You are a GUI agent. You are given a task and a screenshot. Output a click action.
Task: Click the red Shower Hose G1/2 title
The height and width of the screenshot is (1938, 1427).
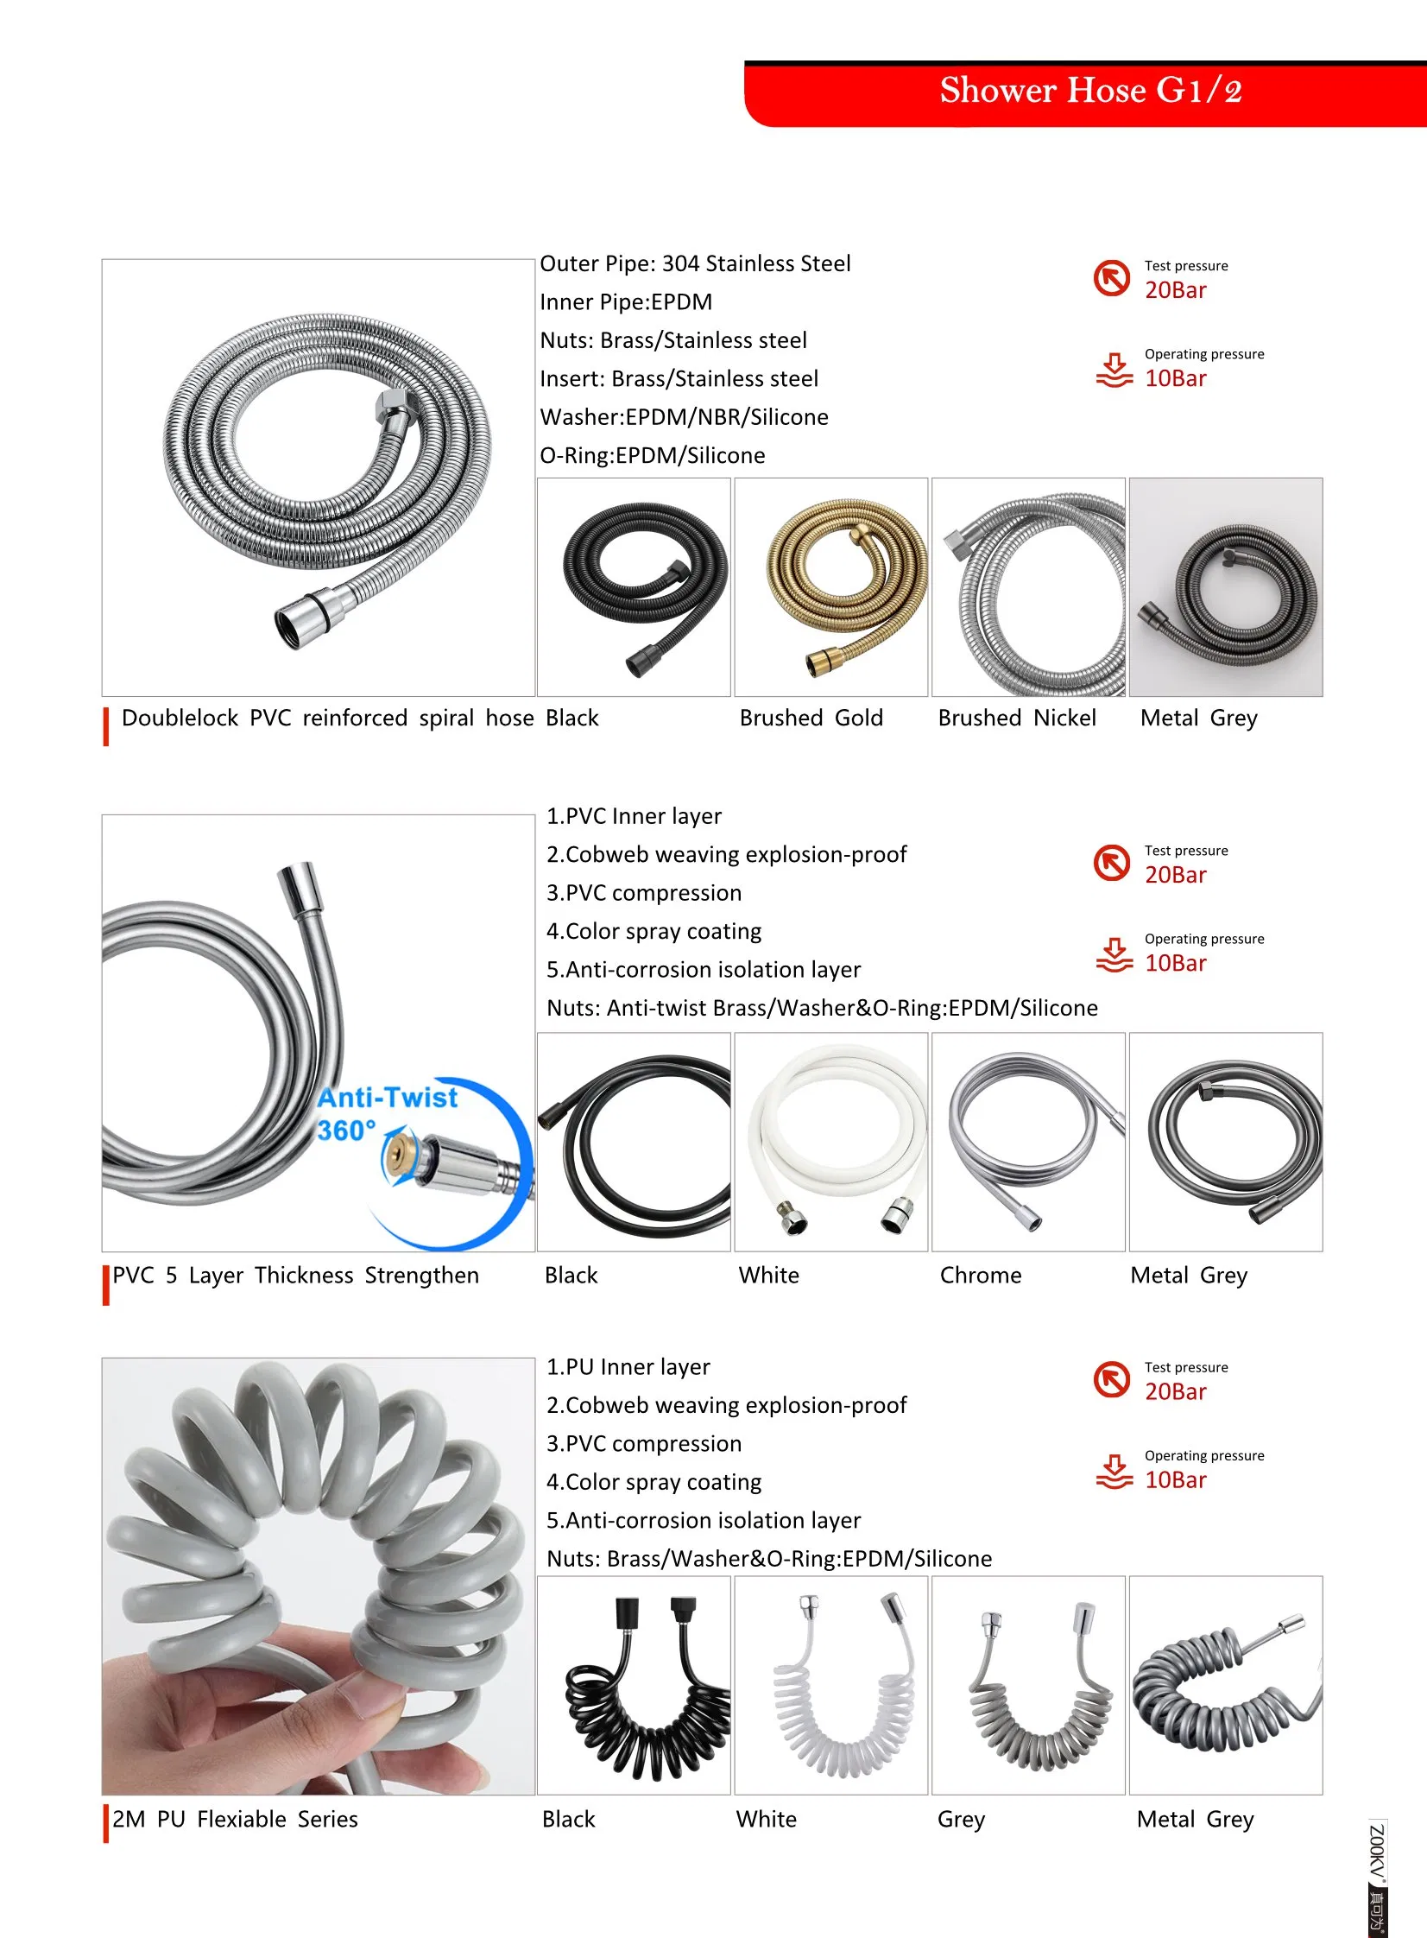coord(1090,91)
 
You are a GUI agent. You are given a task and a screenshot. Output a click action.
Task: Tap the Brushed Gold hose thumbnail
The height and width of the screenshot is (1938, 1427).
coord(831,586)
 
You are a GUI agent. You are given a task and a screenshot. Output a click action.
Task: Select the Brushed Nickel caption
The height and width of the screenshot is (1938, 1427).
coord(1017,718)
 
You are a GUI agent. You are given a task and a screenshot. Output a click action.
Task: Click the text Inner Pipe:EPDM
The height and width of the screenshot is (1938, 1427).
coord(626,302)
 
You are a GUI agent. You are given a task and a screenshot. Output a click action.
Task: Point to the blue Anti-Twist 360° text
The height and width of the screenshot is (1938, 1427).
coord(386,1113)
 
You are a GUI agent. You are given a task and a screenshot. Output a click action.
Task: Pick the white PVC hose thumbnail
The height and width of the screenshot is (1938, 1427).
coord(831,1142)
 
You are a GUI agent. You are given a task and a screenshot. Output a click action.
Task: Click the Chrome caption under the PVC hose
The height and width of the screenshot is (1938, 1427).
coord(981,1276)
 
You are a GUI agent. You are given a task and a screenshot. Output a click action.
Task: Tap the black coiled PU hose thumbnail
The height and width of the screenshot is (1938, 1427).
coord(634,1684)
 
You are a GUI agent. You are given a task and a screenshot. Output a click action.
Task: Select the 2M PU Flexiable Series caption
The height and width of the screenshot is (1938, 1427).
coord(235,1819)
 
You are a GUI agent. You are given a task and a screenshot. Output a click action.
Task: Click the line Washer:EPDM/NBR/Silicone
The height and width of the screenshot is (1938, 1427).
coord(684,417)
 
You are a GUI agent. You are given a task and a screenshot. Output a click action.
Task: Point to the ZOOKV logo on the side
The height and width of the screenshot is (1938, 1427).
coord(1377,1876)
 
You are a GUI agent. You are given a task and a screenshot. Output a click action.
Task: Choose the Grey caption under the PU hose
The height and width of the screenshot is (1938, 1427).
coord(961,1819)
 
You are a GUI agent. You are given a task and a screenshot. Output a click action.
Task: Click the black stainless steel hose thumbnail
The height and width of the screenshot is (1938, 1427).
coord(634,586)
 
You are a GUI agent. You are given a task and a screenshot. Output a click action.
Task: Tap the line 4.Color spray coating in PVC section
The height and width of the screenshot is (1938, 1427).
coord(654,931)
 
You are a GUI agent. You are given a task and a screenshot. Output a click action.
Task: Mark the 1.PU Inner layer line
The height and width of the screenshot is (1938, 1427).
coord(628,1367)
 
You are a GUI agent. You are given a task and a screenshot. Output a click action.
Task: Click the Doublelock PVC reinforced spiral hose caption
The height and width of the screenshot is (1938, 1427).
coord(327,718)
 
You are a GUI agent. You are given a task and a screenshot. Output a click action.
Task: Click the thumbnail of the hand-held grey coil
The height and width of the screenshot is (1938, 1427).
coord(318,1576)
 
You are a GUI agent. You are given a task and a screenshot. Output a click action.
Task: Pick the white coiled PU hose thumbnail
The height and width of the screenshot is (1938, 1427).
coord(831,1684)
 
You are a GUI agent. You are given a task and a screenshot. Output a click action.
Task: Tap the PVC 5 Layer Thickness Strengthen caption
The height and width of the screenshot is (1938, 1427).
coord(295,1276)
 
